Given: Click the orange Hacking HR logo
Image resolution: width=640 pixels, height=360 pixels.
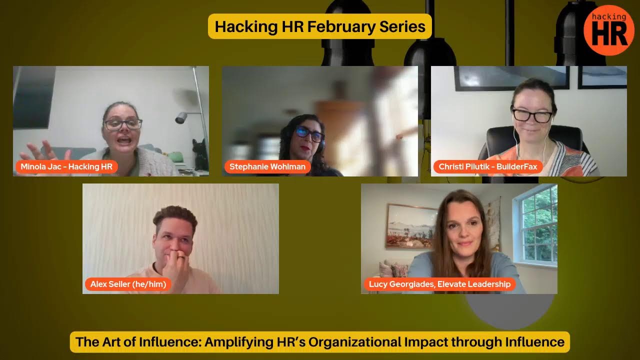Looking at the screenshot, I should (608, 30).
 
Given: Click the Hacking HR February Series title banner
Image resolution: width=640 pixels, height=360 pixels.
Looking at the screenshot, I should (320, 26).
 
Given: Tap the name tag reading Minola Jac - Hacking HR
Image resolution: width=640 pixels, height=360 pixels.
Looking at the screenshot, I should (66, 166).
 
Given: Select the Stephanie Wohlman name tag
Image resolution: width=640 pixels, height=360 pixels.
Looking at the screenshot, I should (267, 166).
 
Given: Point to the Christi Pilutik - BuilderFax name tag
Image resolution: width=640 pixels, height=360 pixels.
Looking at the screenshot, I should (488, 166).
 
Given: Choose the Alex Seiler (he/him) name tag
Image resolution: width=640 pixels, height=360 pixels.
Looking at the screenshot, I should (128, 284).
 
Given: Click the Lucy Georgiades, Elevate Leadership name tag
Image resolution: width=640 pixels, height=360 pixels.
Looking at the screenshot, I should (440, 284).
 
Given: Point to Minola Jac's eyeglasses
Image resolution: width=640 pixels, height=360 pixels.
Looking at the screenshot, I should (123, 124).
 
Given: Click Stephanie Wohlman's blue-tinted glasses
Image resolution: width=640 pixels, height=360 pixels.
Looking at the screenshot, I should (309, 133).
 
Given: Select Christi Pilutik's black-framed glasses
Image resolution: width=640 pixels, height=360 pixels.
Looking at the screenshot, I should (532, 115).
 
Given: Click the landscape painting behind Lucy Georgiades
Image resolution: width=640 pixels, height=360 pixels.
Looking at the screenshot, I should (411, 226).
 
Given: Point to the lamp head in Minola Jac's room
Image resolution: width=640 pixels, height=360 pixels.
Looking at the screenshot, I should (181, 117).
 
